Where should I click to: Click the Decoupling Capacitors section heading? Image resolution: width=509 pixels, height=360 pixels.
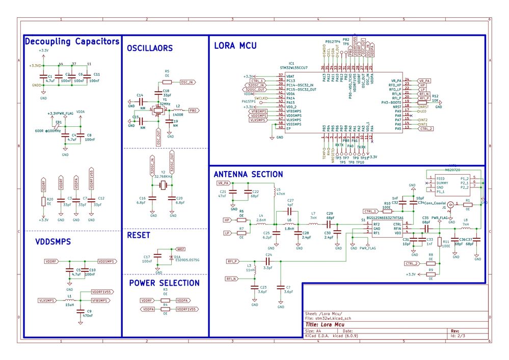point(72,41)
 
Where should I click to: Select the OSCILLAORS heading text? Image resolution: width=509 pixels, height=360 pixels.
point(150,48)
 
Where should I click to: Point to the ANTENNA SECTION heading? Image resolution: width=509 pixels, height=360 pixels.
point(248,174)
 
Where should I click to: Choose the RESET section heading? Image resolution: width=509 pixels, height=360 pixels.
point(139,235)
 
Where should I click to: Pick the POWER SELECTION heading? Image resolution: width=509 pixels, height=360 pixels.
point(164,283)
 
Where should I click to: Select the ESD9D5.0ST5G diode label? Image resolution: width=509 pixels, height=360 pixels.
point(186,260)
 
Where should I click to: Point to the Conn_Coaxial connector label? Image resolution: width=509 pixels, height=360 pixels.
point(434,203)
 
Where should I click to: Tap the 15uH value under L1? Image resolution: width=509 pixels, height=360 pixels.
point(69,306)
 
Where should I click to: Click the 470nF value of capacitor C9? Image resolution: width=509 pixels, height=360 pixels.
point(88,316)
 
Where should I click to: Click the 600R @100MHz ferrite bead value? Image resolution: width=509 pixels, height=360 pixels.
point(48,131)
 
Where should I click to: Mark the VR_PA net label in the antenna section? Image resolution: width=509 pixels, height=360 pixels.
point(223,183)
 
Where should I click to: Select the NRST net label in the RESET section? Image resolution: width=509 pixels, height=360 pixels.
point(180,249)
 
